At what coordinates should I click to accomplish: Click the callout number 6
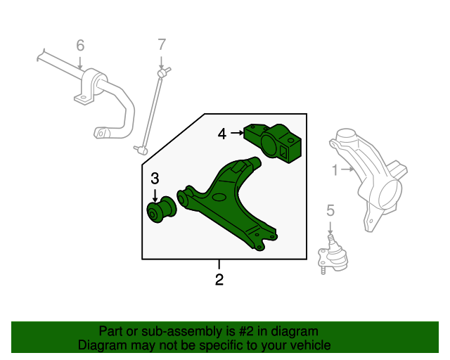80,46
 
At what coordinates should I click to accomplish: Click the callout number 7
161,46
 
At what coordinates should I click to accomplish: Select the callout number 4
222,133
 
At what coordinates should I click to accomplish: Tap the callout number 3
155,179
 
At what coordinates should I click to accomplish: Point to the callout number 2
219,280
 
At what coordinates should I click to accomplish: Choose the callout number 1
335,169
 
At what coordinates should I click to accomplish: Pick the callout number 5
330,210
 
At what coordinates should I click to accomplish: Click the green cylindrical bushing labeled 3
162,210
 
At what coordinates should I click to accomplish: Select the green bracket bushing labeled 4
276,141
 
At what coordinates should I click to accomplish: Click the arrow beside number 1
347,169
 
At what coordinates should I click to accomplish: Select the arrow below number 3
155,196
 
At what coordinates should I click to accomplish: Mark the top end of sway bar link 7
162,72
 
